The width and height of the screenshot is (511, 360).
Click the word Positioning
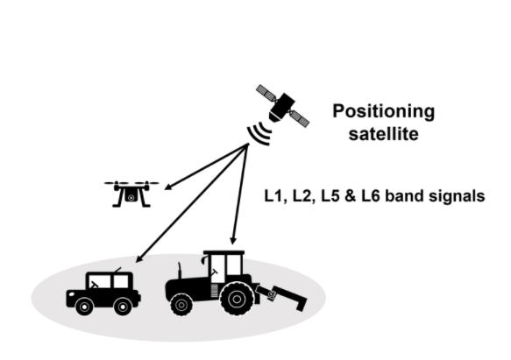384,112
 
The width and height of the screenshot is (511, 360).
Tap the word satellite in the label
384,134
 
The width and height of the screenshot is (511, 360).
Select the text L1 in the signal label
273,196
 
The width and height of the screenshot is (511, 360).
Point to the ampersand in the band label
350,196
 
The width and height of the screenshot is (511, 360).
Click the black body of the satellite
281,107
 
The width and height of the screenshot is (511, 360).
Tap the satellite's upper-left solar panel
266,92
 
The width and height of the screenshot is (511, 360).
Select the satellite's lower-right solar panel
300,119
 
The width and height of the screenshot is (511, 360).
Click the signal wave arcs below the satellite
259,133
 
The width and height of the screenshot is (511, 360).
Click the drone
131,194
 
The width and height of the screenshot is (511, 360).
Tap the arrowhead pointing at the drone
168,187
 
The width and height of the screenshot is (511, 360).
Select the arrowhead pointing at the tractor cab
232,241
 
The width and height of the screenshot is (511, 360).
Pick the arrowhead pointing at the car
139,258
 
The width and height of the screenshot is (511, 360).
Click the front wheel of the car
84,307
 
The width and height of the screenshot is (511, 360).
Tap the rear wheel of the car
123,307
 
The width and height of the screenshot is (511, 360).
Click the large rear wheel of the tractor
237,299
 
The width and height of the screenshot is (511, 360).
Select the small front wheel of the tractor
181,305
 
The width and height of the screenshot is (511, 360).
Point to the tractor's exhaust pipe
179,271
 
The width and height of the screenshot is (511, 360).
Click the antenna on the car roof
117,270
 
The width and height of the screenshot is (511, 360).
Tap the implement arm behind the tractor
281,297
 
